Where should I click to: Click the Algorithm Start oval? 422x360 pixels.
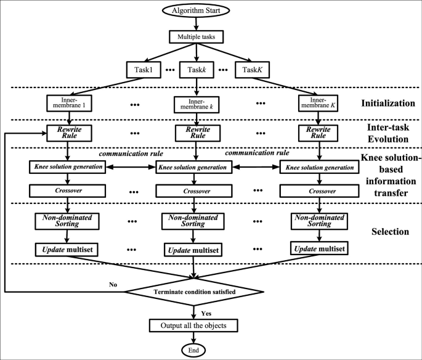(x=195, y=10)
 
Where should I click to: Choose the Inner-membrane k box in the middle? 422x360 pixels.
(x=195, y=104)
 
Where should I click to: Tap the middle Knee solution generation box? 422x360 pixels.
(x=195, y=166)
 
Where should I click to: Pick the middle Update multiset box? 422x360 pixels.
(x=195, y=250)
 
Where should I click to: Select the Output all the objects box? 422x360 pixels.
(x=195, y=325)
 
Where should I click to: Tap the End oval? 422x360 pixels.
(x=195, y=351)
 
